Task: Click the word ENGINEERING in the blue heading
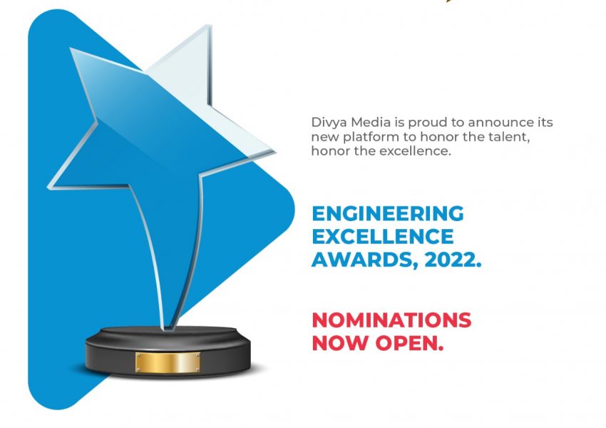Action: pos(388,214)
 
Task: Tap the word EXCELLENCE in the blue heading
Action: pos(383,237)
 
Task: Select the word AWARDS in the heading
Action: pos(362,260)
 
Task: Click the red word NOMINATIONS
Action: pos(391,320)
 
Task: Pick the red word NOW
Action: pos(340,343)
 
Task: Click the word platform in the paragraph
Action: pos(366,137)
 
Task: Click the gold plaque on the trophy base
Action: pos(168,362)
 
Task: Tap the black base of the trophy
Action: pos(168,351)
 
